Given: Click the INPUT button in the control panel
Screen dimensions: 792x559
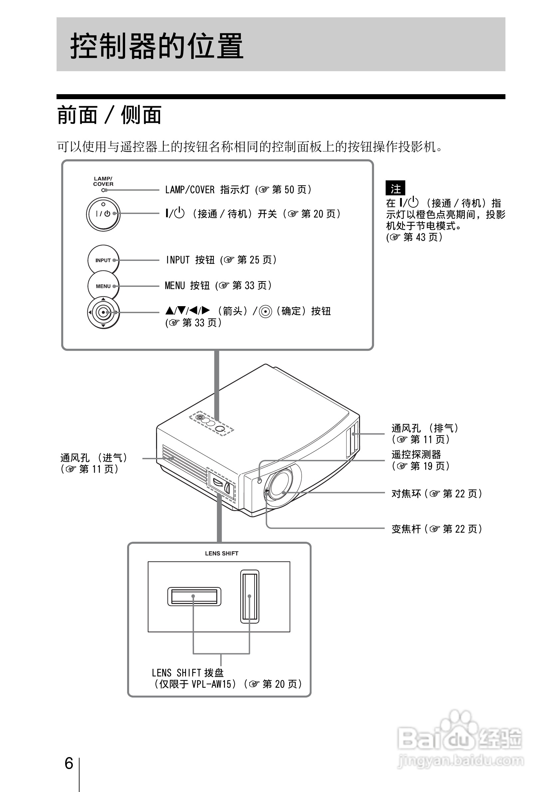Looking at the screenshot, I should tap(103, 261).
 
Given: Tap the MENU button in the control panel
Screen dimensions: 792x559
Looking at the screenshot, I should tap(103, 286).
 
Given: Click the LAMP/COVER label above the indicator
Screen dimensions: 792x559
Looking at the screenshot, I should tap(103, 181).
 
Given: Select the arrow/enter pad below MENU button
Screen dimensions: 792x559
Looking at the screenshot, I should tap(103, 312).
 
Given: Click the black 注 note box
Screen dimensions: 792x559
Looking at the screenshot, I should tap(395, 188).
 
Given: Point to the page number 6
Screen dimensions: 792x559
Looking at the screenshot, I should tap(69, 763).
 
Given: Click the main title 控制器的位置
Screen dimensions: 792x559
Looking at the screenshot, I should tap(157, 46).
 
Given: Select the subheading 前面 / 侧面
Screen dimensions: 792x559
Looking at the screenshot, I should tap(109, 115).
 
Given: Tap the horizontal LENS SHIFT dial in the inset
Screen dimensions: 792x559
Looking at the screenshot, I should tap(194, 596).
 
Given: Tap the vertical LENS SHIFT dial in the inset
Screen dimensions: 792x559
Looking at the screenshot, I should tap(249, 596).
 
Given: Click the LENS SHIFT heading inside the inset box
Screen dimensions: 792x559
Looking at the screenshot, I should tap(221, 553).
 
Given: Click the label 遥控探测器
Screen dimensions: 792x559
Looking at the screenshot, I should tap(416, 455).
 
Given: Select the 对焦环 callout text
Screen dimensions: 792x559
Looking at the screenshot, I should tap(406, 494).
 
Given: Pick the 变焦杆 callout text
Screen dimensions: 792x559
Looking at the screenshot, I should tap(406, 529).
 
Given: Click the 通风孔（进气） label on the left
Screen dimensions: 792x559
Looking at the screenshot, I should tap(94, 458).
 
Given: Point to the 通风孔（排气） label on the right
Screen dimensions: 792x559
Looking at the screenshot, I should tap(425, 428).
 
